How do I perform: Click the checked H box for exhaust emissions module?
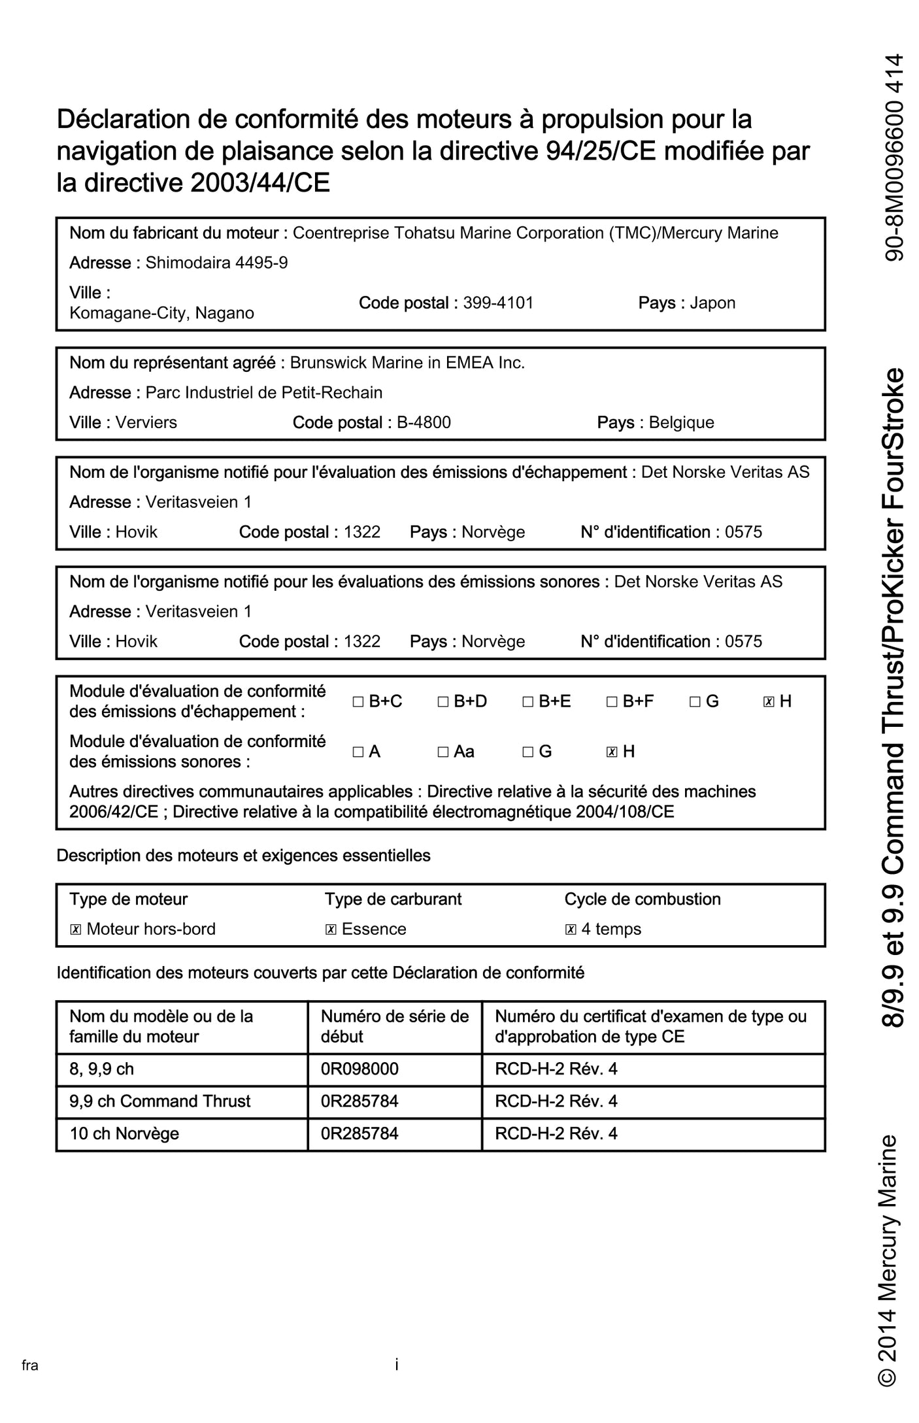(x=769, y=702)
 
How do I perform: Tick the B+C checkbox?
(x=358, y=702)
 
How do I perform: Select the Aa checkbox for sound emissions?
(x=443, y=752)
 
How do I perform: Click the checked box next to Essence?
(x=331, y=929)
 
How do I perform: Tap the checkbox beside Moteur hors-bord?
(x=75, y=929)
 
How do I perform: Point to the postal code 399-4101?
(x=498, y=303)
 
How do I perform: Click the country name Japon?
(x=712, y=303)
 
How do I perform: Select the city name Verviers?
(x=146, y=422)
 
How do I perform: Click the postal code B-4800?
(x=424, y=422)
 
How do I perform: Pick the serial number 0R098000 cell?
(x=359, y=1069)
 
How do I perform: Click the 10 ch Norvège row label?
(x=124, y=1133)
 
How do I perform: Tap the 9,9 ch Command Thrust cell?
(x=159, y=1101)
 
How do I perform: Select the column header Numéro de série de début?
(x=394, y=1026)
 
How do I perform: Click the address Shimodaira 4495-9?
(x=216, y=263)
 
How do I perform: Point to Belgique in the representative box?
(x=681, y=422)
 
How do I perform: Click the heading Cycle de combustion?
(x=642, y=899)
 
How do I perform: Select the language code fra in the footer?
(x=30, y=1365)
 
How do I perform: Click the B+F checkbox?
(x=612, y=702)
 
